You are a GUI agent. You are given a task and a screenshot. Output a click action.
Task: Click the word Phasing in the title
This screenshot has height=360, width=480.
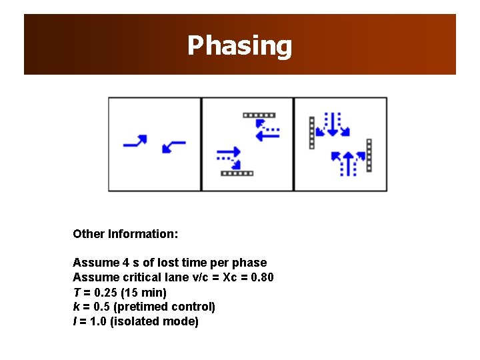click(239, 45)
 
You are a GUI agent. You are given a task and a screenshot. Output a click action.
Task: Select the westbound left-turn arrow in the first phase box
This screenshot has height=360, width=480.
click(173, 145)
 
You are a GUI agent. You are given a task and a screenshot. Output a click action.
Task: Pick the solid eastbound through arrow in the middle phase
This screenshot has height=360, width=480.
click(228, 152)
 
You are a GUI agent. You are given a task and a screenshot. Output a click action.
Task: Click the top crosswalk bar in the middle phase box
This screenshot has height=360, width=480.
click(259, 115)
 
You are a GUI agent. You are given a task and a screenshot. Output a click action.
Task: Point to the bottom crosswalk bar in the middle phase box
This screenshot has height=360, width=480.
click(237, 173)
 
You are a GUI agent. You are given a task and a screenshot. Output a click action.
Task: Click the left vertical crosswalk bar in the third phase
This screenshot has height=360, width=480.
click(311, 133)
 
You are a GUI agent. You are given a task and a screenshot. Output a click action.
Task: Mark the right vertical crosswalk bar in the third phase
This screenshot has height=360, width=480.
click(369, 155)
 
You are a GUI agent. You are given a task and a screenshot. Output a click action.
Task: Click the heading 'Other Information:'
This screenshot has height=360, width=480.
click(125, 234)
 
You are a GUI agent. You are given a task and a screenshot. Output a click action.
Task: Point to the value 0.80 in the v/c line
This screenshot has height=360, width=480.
click(261, 277)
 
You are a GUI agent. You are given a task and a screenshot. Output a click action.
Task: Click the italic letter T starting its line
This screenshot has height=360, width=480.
click(76, 292)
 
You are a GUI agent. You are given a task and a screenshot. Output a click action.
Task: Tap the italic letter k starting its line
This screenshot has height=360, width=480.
click(75, 307)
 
